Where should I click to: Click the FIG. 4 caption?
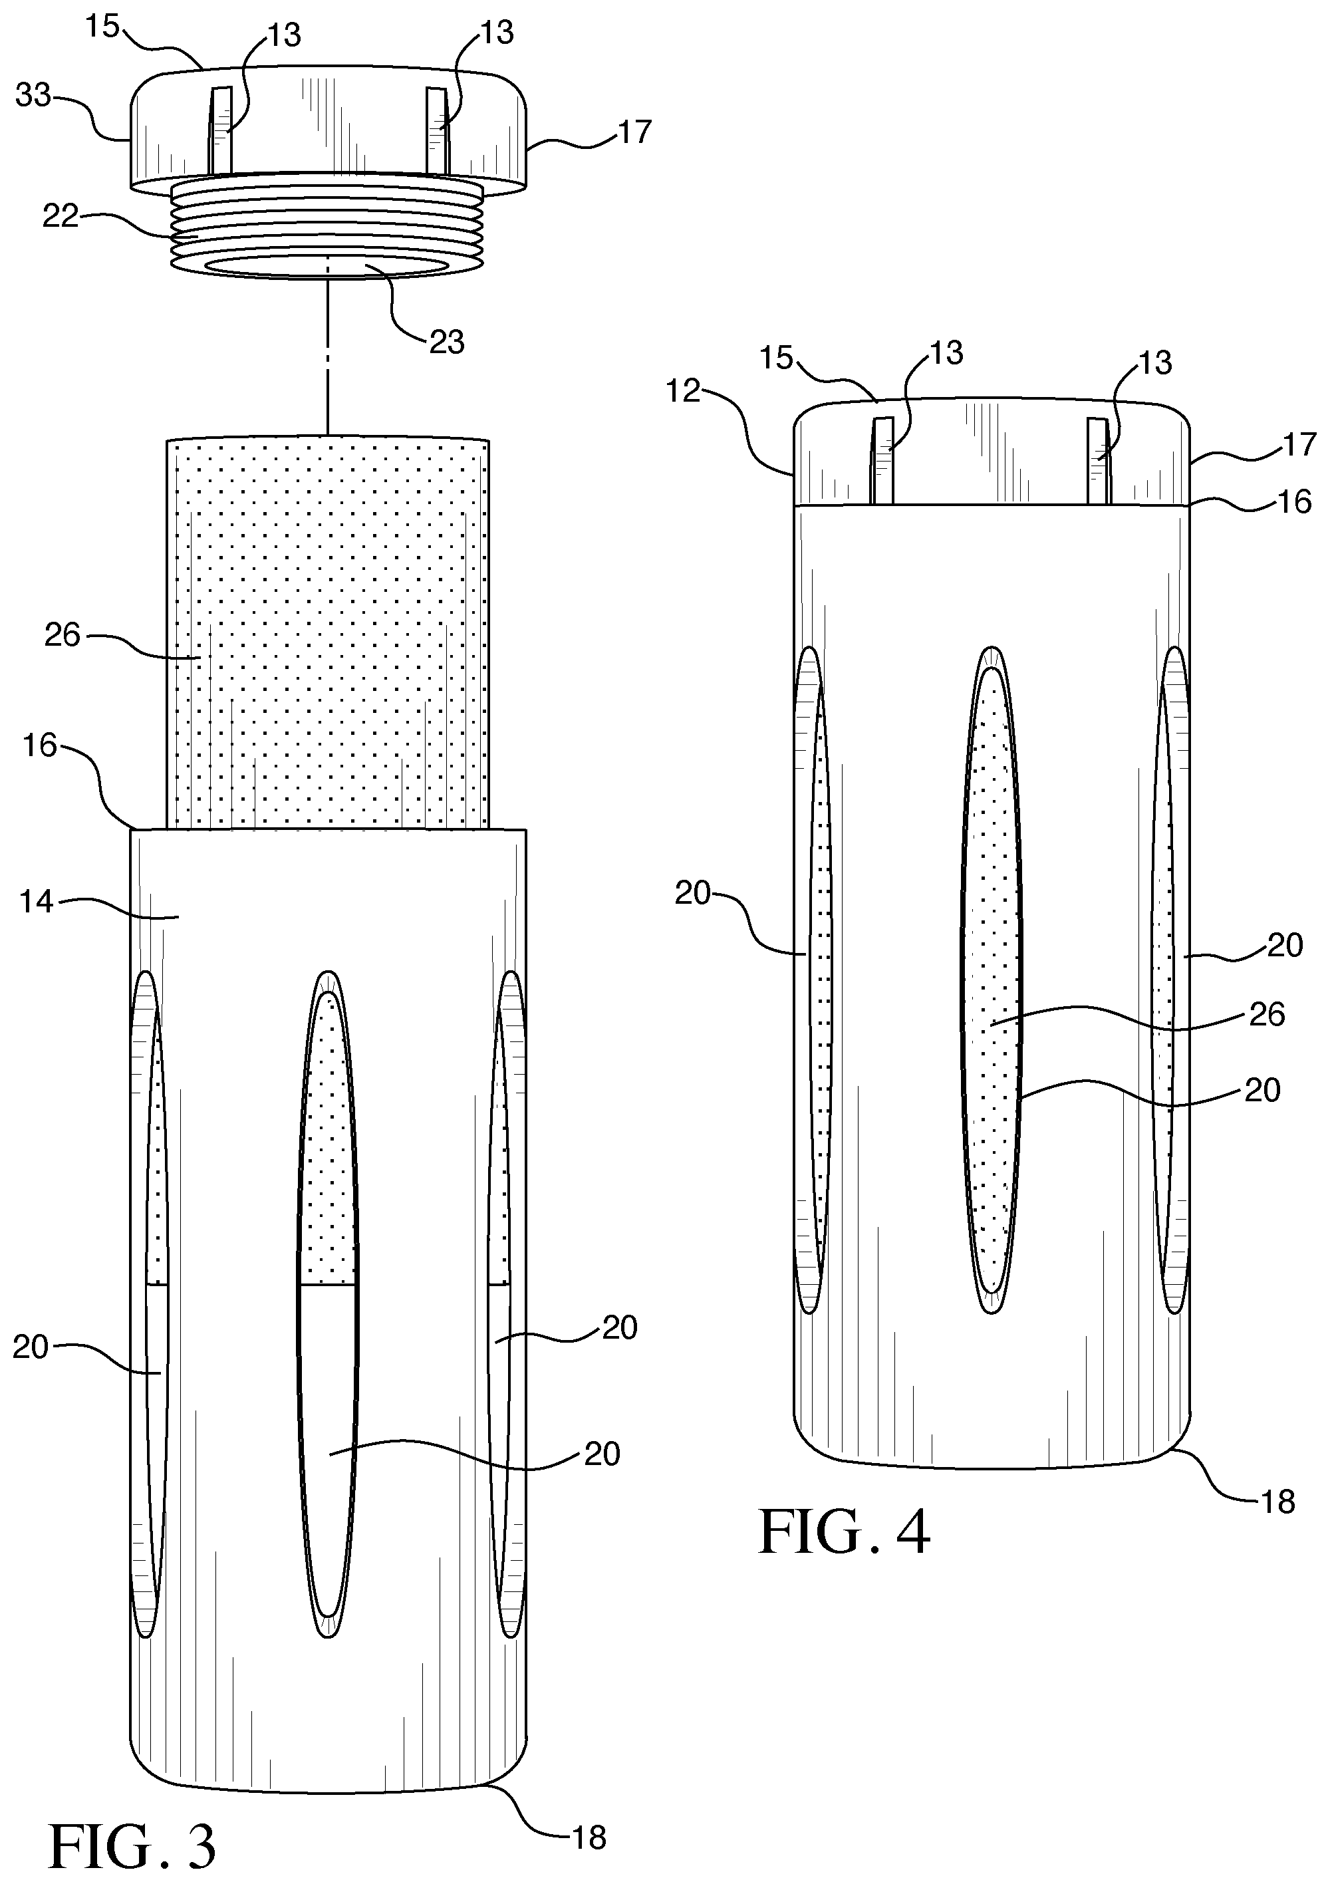(844, 1533)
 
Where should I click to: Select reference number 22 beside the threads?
(60, 216)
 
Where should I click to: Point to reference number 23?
(448, 341)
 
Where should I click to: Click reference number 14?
(35, 902)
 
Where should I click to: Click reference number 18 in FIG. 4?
(1277, 1502)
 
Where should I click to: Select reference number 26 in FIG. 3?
(63, 634)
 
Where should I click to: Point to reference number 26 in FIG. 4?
(1267, 1015)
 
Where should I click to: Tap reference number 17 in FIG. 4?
(1299, 444)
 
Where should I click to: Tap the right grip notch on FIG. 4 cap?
(1098, 461)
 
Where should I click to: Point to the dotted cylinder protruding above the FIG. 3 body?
(328, 634)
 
